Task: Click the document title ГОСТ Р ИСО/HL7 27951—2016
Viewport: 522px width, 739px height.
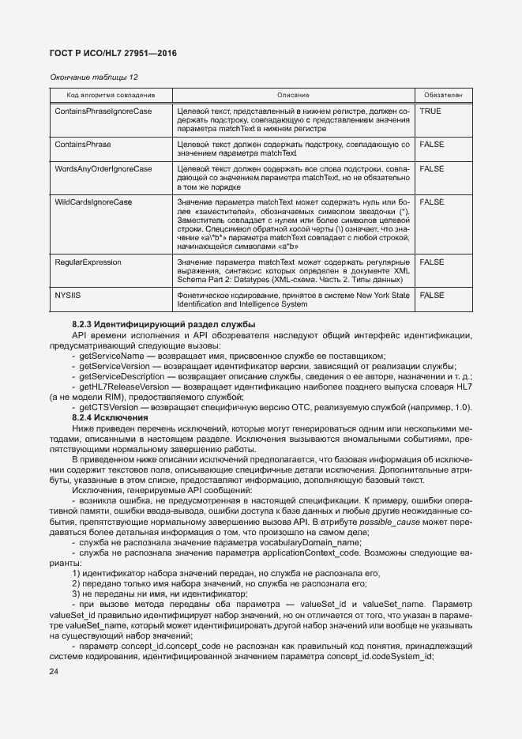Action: [x=113, y=53]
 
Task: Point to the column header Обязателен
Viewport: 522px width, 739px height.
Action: [x=442, y=95]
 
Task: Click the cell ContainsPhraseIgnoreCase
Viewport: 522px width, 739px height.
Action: [x=103, y=111]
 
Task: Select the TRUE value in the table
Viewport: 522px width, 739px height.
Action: [x=430, y=111]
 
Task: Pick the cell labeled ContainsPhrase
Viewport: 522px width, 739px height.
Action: [x=82, y=145]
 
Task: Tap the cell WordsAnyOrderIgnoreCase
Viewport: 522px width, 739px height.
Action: [x=103, y=169]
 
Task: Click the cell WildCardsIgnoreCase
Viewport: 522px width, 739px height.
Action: [x=92, y=202]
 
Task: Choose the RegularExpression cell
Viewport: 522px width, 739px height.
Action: [x=88, y=261]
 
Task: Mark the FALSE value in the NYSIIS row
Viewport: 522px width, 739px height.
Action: [x=432, y=294]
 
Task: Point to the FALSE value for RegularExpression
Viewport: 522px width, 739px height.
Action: [x=432, y=261]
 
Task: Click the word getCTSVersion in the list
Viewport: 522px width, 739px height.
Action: [x=105, y=407]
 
